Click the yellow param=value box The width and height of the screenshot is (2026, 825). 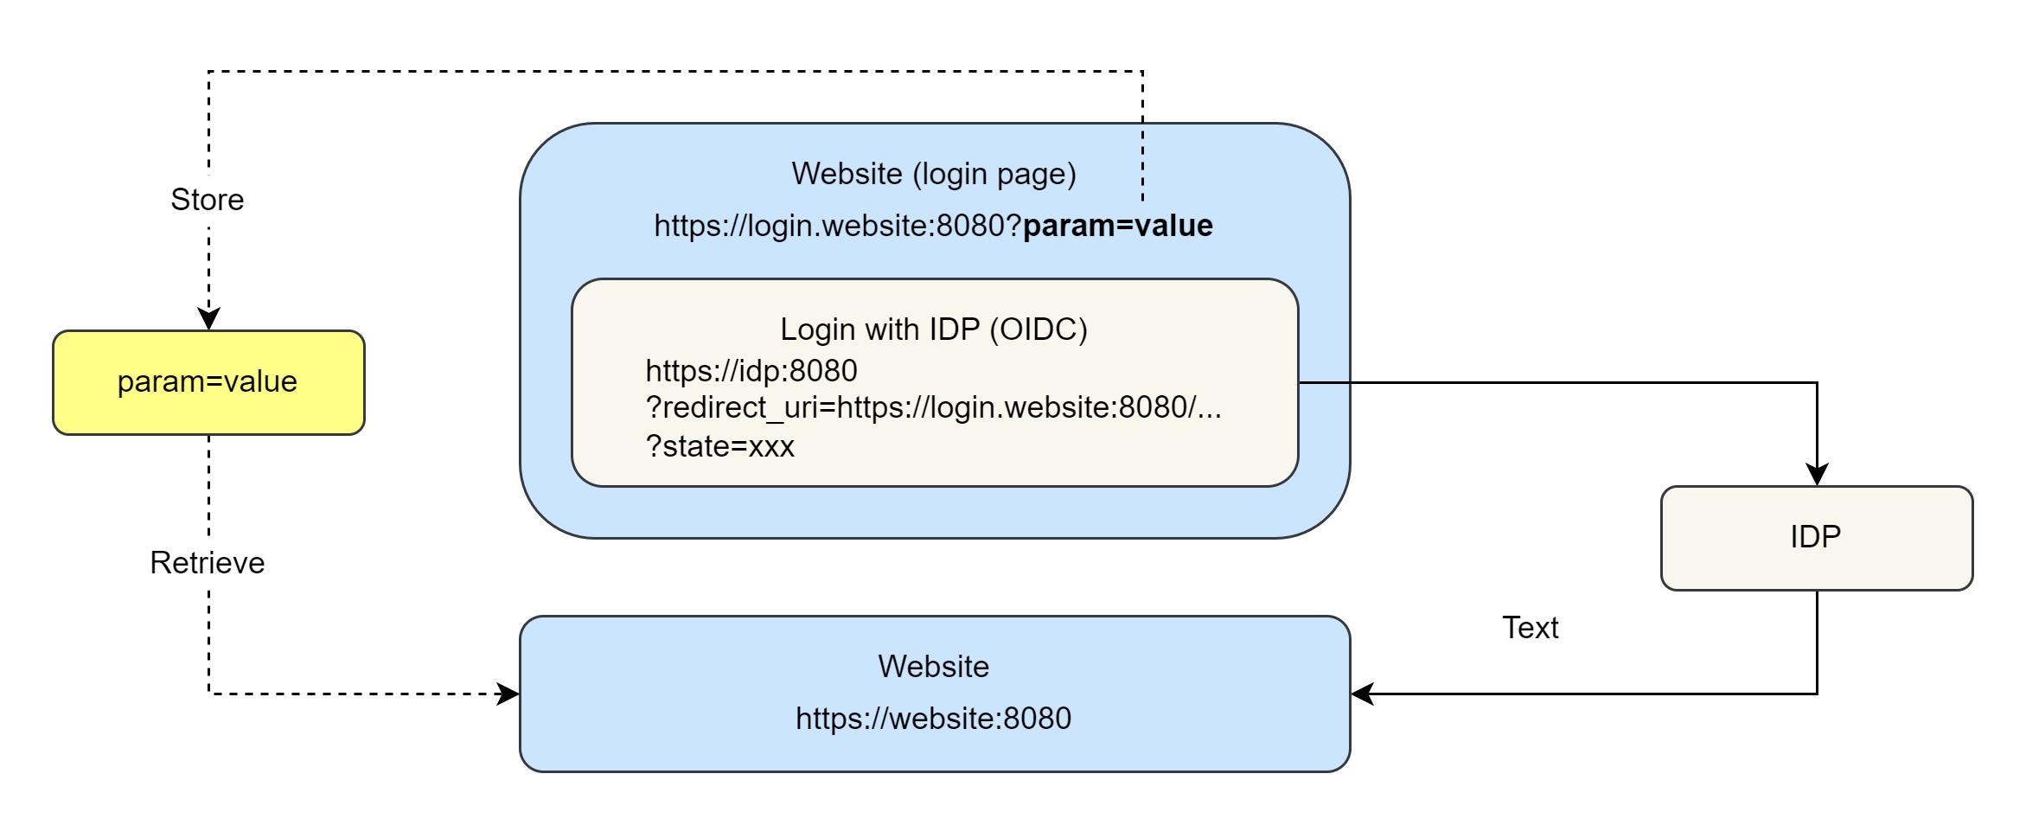pyautogui.click(x=208, y=382)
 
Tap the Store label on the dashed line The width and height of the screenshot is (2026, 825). pyautogui.click(x=208, y=200)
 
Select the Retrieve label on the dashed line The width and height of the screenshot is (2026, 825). pyautogui.click(x=208, y=563)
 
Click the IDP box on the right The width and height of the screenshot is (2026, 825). pyautogui.click(x=1816, y=538)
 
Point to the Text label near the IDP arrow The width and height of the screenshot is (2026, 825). pyautogui.click(x=1530, y=628)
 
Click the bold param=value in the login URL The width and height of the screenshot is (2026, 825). pyautogui.click(x=1117, y=226)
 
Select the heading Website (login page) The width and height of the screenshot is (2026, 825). pyautogui.click(x=934, y=174)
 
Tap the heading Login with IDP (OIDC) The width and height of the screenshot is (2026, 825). pyautogui.click(x=934, y=329)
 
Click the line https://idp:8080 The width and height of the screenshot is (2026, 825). pyautogui.click(x=751, y=371)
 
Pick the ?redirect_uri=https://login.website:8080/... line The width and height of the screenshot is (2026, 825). pyautogui.click(x=934, y=407)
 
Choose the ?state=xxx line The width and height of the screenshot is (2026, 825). pyautogui.click(x=720, y=446)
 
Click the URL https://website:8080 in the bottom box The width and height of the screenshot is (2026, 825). pyautogui.click(x=934, y=719)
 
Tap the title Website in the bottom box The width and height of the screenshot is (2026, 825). pyautogui.click(x=934, y=667)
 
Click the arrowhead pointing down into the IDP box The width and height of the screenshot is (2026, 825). pyautogui.click(x=1817, y=475)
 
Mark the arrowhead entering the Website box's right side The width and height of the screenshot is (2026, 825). pyautogui.click(x=1363, y=694)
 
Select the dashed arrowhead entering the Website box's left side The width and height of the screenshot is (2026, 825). pyautogui.click(x=508, y=694)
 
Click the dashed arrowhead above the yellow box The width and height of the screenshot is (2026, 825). pyautogui.click(x=208, y=318)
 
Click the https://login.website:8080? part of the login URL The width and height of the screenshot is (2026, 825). pyautogui.click(x=837, y=226)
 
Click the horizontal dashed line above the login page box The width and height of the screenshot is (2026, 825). pyautogui.click(x=674, y=72)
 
